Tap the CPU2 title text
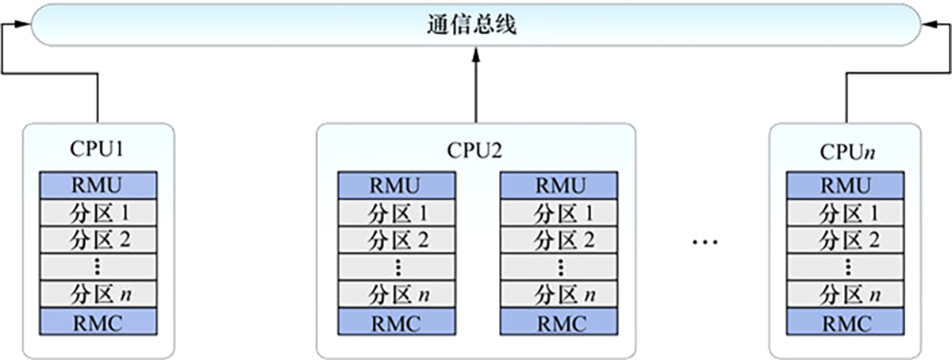pos(475,150)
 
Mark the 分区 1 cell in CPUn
pos(844,213)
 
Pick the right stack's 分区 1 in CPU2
pos(559,213)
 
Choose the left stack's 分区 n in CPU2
pos(397,295)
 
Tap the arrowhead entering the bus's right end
pos(930,27)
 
